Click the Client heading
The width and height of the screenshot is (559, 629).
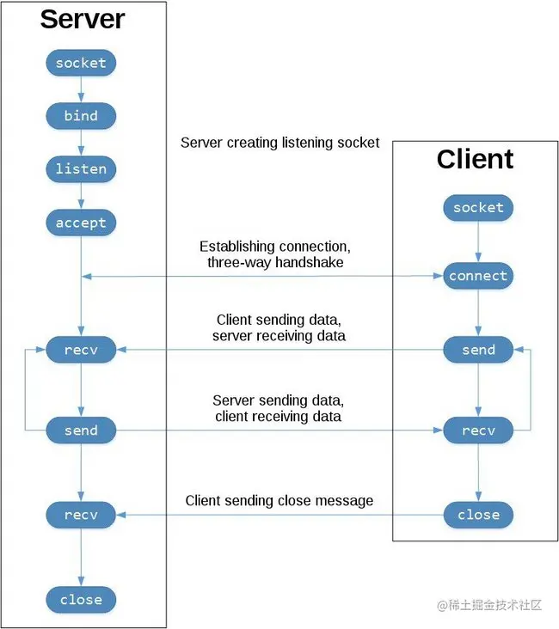(x=475, y=159)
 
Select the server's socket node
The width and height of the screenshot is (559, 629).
(x=81, y=63)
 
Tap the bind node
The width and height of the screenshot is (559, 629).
(x=81, y=116)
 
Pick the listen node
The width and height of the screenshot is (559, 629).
(x=81, y=169)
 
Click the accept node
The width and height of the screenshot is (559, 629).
(x=81, y=223)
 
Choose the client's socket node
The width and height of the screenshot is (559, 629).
(x=478, y=208)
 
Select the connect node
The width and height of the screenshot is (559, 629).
(x=478, y=277)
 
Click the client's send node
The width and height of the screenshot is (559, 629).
(x=478, y=350)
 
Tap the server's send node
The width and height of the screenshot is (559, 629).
(x=81, y=431)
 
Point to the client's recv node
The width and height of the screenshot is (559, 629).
(x=478, y=431)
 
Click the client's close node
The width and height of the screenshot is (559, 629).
(x=478, y=515)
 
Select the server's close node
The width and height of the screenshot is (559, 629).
(x=81, y=600)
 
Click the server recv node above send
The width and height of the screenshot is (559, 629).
(x=81, y=350)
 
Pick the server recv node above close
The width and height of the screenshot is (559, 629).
(x=81, y=515)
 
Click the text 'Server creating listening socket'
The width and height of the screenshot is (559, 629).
(x=279, y=143)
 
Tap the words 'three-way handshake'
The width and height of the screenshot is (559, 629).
(x=275, y=262)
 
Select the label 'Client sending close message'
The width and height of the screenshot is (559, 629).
(x=279, y=500)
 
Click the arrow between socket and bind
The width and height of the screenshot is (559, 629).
(x=81, y=89)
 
